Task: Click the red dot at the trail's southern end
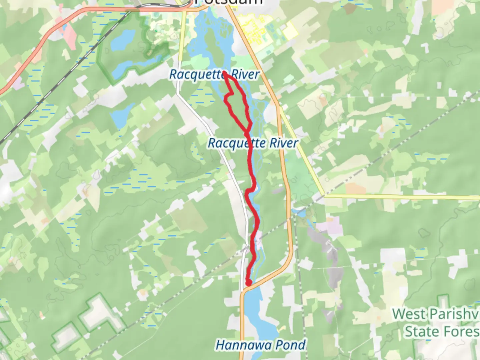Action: pyautogui.click(x=248, y=283)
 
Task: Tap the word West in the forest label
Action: pyautogui.click(x=409, y=314)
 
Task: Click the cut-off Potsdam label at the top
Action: pyautogui.click(x=230, y=2)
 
